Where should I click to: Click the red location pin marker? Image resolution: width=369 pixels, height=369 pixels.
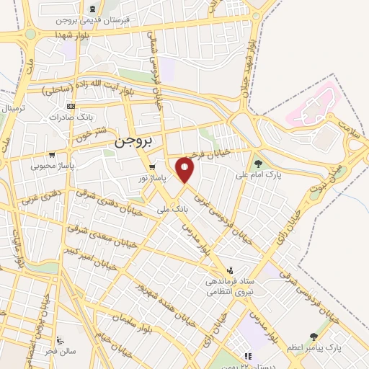click(186, 171)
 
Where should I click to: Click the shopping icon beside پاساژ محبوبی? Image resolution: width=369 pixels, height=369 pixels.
click(51, 155)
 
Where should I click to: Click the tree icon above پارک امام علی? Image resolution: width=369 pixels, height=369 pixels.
click(257, 164)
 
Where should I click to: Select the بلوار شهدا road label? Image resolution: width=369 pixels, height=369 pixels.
click(84, 33)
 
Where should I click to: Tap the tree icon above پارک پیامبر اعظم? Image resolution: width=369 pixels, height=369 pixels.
click(313, 336)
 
